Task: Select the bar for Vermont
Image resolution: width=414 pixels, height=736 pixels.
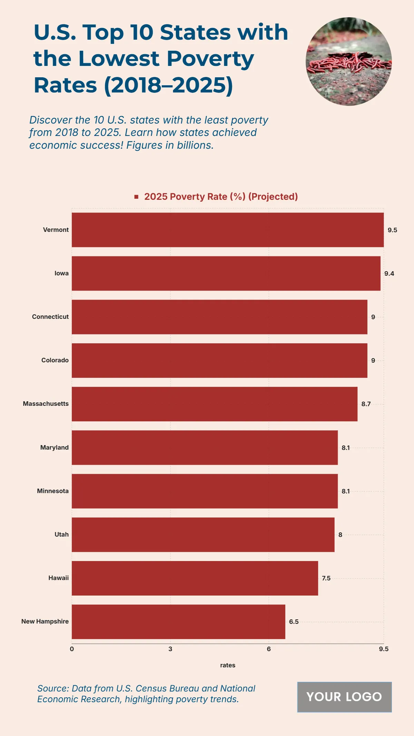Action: (228, 230)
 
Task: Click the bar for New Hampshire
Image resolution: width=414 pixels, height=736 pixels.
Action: (178, 621)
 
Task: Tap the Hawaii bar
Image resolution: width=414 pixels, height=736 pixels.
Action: (195, 578)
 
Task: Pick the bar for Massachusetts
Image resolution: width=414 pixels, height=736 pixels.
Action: (215, 404)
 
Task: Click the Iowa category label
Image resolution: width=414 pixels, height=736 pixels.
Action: (61, 273)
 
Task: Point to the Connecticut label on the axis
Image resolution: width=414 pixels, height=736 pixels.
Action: (50, 317)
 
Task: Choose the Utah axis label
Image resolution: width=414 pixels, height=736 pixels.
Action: (61, 534)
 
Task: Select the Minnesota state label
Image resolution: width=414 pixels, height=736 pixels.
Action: (53, 491)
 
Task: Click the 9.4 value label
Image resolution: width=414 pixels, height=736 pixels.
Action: (389, 274)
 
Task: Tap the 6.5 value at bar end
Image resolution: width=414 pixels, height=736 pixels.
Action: (294, 622)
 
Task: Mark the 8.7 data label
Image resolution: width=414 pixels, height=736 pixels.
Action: (366, 404)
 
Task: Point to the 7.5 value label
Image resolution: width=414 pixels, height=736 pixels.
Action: (326, 578)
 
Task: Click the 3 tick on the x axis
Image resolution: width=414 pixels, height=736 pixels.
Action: (170, 649)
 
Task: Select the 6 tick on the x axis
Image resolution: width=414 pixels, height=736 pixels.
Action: (269, 649)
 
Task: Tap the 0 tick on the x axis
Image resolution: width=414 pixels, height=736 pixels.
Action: (72, 649)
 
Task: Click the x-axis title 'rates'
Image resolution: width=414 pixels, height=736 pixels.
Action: (228, 665)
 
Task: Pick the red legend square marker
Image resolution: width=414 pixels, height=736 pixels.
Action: (136, 197)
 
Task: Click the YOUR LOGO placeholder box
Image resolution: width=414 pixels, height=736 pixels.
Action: (344, 697)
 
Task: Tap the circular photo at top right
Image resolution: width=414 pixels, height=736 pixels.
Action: (348, 61)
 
